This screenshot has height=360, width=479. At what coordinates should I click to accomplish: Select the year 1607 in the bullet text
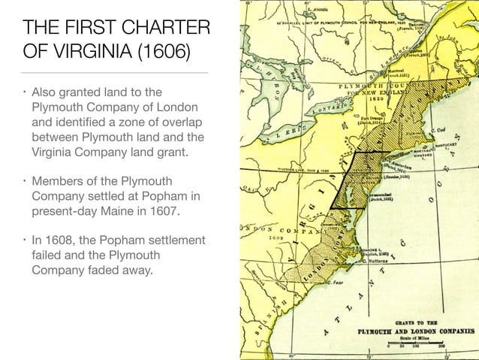pyautogui.click(x=163, y=212)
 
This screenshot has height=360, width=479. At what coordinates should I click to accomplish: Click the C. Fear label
pyautogui.click(x=339, y=281)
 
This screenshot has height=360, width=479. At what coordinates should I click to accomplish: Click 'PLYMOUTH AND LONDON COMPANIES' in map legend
pyautogui.click(x=416, y=329)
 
